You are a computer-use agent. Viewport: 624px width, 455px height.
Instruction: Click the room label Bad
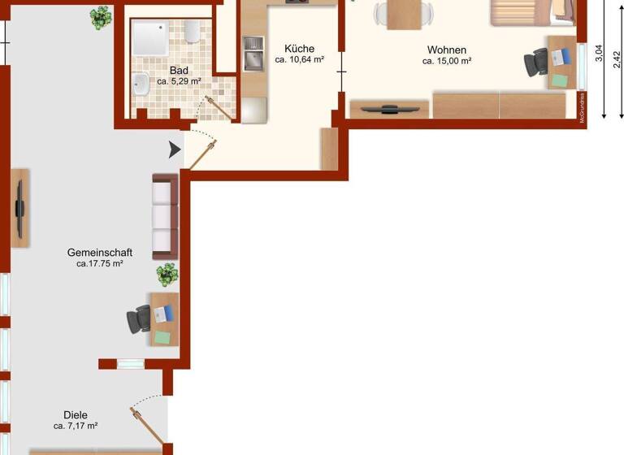[x=179, y=71]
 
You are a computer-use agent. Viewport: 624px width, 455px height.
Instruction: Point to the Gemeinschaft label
[x=100, y=253]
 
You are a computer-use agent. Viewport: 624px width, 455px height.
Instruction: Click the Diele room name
[x=76, y=414]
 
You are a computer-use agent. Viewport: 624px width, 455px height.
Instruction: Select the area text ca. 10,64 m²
[x=300, y=60]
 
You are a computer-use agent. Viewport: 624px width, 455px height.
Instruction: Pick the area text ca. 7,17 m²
[x=76, y=426]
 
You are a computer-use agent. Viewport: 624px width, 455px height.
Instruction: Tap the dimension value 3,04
[x=599, y=54]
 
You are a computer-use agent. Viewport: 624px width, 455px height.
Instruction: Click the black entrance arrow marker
[x=175, y=150]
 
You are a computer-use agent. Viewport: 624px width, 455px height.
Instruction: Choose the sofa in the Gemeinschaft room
[x=165, y=215]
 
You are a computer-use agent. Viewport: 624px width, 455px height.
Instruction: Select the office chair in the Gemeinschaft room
[x=139, y=319]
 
